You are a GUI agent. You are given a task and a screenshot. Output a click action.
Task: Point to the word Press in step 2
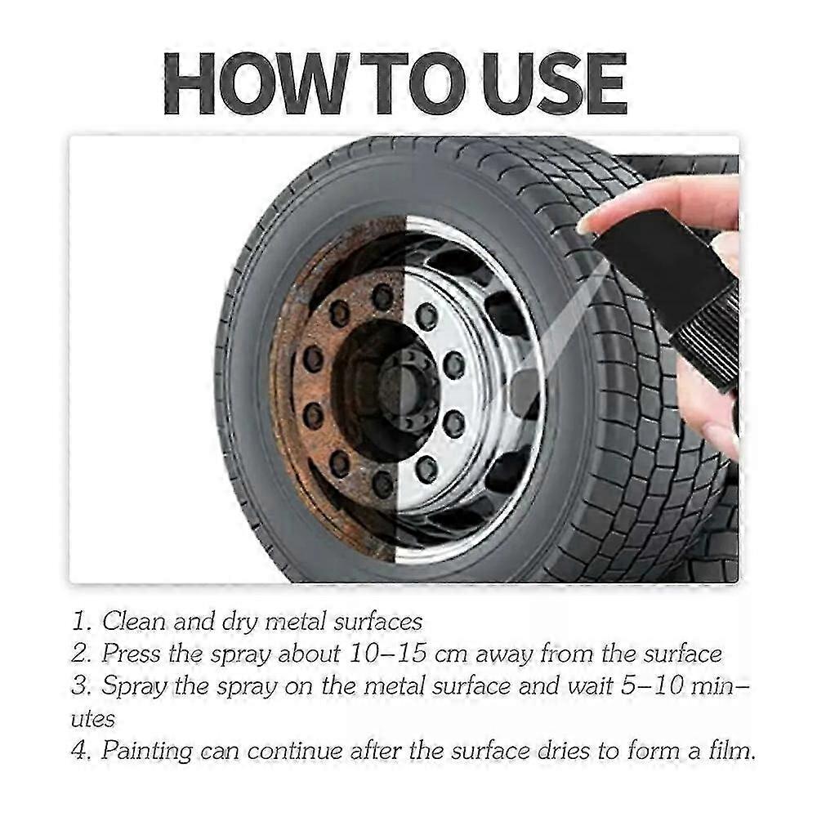coord(130,654)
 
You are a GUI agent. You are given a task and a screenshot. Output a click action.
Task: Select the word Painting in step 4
coord(146,751)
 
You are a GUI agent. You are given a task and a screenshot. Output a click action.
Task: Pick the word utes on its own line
coord(93,719)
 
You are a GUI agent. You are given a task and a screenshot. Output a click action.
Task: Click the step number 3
coord(81,685)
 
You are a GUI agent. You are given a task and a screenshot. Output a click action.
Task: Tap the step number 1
coord(82,622)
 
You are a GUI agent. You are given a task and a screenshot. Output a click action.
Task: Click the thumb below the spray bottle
coord(706,412)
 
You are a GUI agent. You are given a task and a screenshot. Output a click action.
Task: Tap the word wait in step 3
coord(590,685)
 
